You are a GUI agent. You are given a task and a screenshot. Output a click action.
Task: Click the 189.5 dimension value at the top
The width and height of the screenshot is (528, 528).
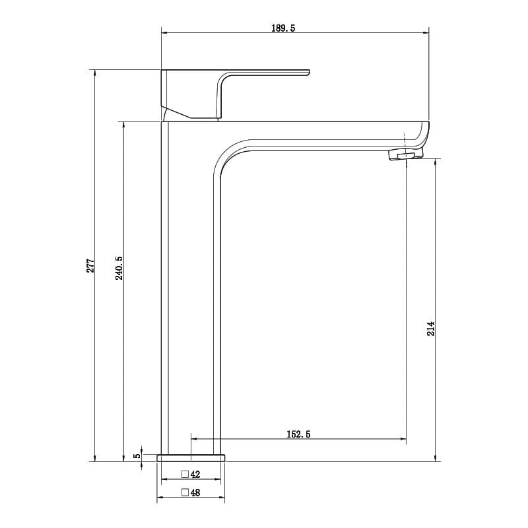coord(283,28)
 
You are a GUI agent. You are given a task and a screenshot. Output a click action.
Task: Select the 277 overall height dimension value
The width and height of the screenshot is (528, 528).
coord(91,266)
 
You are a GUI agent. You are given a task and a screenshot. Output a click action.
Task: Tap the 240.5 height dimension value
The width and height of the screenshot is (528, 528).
coord(119,268)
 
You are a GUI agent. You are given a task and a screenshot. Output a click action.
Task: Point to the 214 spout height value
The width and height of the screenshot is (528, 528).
coord(431,329)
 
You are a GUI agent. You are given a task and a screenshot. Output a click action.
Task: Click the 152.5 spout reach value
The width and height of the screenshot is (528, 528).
coord(299,434)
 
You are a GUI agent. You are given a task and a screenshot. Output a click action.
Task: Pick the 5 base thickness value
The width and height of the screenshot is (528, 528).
coord(137,455)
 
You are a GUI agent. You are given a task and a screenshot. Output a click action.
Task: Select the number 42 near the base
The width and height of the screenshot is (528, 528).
coord(195,474)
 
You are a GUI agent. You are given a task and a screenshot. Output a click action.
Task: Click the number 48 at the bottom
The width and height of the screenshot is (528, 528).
coord(195,492)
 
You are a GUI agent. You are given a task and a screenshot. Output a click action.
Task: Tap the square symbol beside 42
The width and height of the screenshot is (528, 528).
coord(185,474)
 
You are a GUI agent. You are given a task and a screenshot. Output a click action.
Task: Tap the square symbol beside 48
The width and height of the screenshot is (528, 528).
coord(185,492)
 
